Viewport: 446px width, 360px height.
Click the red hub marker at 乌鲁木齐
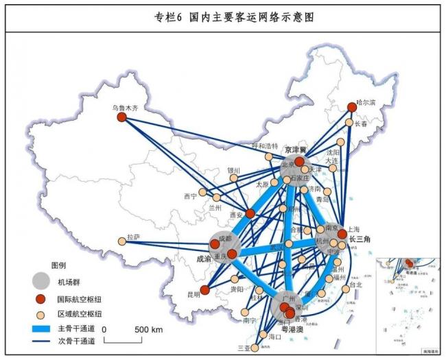click(x=122, y=117)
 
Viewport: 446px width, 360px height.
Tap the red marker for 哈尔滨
click(x=352, y=107)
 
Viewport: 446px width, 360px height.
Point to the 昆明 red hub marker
click(x=204, y=289)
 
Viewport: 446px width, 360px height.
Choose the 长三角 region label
click(x=360, y=239)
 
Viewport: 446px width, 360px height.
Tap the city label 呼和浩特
click(x=265, y=146)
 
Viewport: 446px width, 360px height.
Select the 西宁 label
click(x=191, y=197)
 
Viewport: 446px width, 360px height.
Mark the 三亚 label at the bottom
click(x=244, y=348)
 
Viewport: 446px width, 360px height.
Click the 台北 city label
click(x=355, y=285)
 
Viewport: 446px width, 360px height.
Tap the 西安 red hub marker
click(x=250, y=213)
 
